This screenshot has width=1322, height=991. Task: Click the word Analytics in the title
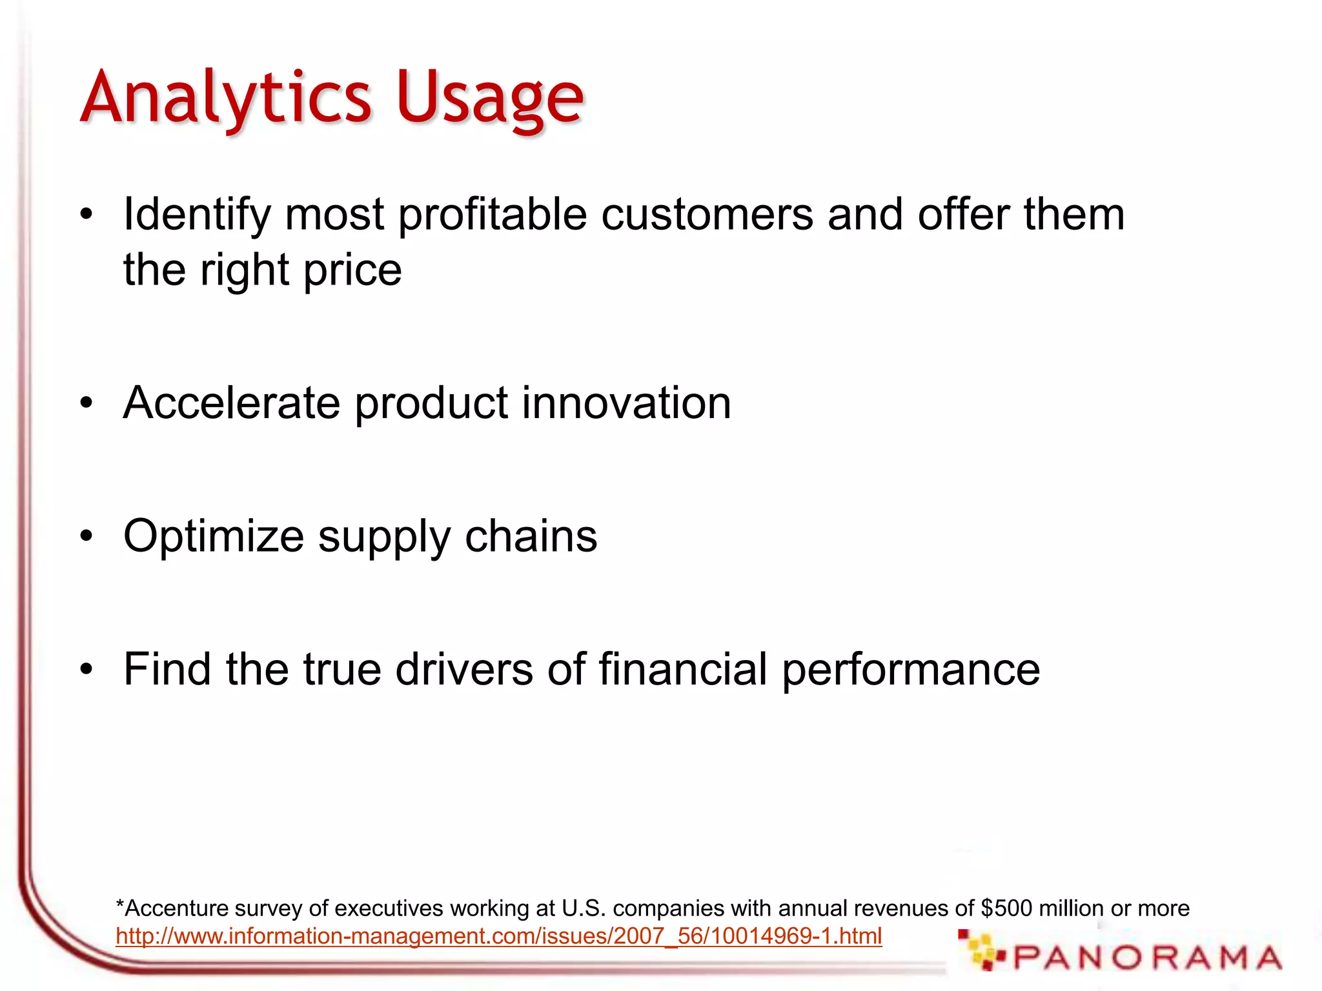(226, 98)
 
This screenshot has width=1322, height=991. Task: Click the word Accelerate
(231, 403)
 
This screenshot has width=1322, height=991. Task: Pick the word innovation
(626, 403)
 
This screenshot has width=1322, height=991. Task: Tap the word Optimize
(213, 537)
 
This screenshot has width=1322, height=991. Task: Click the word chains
(531, 537)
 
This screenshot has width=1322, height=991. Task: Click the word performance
(910, 670)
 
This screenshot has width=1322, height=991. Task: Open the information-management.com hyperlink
(498, 936)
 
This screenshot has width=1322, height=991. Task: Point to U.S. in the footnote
(584, 908)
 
